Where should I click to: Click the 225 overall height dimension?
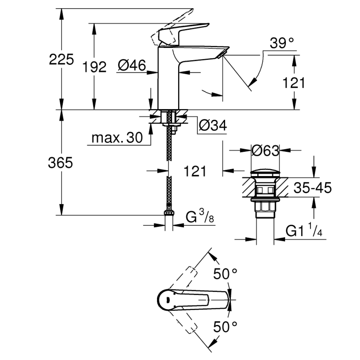[x=61, y=59]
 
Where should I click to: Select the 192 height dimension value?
[x=94, y=67]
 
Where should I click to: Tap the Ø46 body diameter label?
[x=132, y=65]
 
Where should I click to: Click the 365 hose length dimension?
[x=60, y=163]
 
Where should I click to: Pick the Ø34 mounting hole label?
[x=213, y=125]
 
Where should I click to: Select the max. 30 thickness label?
[x=117, y=138]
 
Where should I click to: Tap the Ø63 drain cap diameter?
[x=265, y=150]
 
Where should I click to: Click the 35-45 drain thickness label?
[x=313, y=188]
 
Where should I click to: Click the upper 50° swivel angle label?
[x=225, y=274]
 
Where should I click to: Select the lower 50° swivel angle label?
[x=225, y=327]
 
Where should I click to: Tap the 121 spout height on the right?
[x=294, y=83]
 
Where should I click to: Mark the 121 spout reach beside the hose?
[x=195, y=171]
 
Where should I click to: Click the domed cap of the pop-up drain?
[x=265, y=174]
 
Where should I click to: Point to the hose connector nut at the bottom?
[x=169, y=212]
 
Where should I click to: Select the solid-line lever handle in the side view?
[x=184, y=35]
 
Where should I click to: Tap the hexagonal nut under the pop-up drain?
[x=265, y=206]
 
